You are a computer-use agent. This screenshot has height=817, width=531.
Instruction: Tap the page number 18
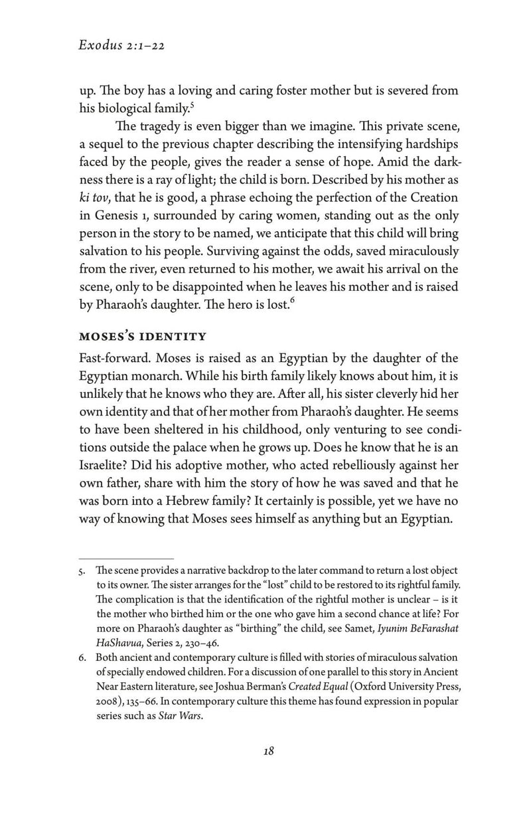click(x=268, y=751)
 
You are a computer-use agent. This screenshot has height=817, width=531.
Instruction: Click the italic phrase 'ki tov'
click(x=93, y=199)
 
